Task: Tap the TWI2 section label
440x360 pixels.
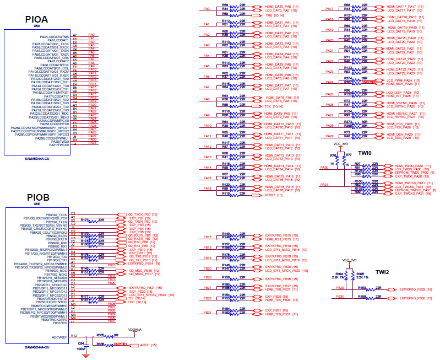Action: click(382, 272)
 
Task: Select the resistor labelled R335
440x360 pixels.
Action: click(100, 334)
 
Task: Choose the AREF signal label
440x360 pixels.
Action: click(145, 345)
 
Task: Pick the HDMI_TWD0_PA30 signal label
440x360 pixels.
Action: click(409, 165)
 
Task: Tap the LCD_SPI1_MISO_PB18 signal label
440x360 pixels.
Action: click(283, 250)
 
